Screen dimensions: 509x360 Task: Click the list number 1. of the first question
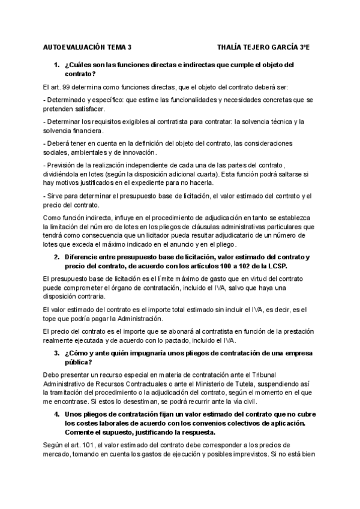tap(56, 65)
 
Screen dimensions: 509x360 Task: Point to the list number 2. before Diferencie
tap(56, 257)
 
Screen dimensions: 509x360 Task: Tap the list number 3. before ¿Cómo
tap(56, 354)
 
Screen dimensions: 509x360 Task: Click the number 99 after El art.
tap(67, 88)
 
